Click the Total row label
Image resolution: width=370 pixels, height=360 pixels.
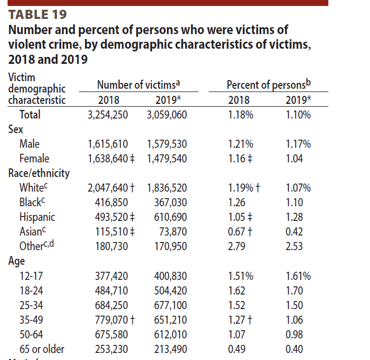click(x=30, y=115)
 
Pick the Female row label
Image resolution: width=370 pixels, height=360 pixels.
click(x=34, y=159)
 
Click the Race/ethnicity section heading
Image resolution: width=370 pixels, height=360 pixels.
click(x=39, y=173)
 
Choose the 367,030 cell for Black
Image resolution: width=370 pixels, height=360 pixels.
click(x=170, y=202)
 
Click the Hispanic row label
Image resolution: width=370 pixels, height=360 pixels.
click(x=37, y=217)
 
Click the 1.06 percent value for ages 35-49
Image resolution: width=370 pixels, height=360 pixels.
click(x=298, y=320)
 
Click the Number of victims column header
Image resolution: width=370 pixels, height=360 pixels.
click(x=138, y=84)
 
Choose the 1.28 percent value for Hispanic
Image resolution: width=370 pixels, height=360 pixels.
click(x=298, y=217)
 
